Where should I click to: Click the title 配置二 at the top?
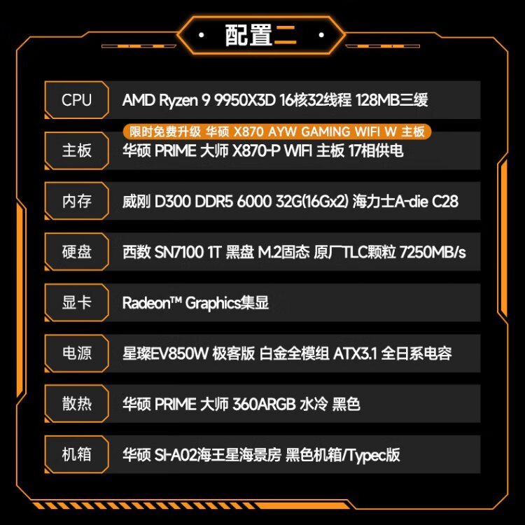[260, 35]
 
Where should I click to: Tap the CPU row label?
[77, 100]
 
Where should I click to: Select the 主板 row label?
[77, 150]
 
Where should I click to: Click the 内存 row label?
[77, 201]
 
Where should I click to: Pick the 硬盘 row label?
[77, 251]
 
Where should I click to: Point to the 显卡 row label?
[77, 302]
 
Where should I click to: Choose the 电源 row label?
[77, 353]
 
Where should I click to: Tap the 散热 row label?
[77, 403]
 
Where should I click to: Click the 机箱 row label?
[77, 454]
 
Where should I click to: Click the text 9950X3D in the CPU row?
[245, 100]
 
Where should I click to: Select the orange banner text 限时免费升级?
[165, 132]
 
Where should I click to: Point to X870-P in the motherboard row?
[256, 150]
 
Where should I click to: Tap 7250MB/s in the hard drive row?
[433, 252]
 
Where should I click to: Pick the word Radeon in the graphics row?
[146, 302]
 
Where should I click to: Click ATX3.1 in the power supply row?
[355, 353]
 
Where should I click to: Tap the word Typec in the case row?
[367, 455]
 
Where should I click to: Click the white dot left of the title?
[202, 35]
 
